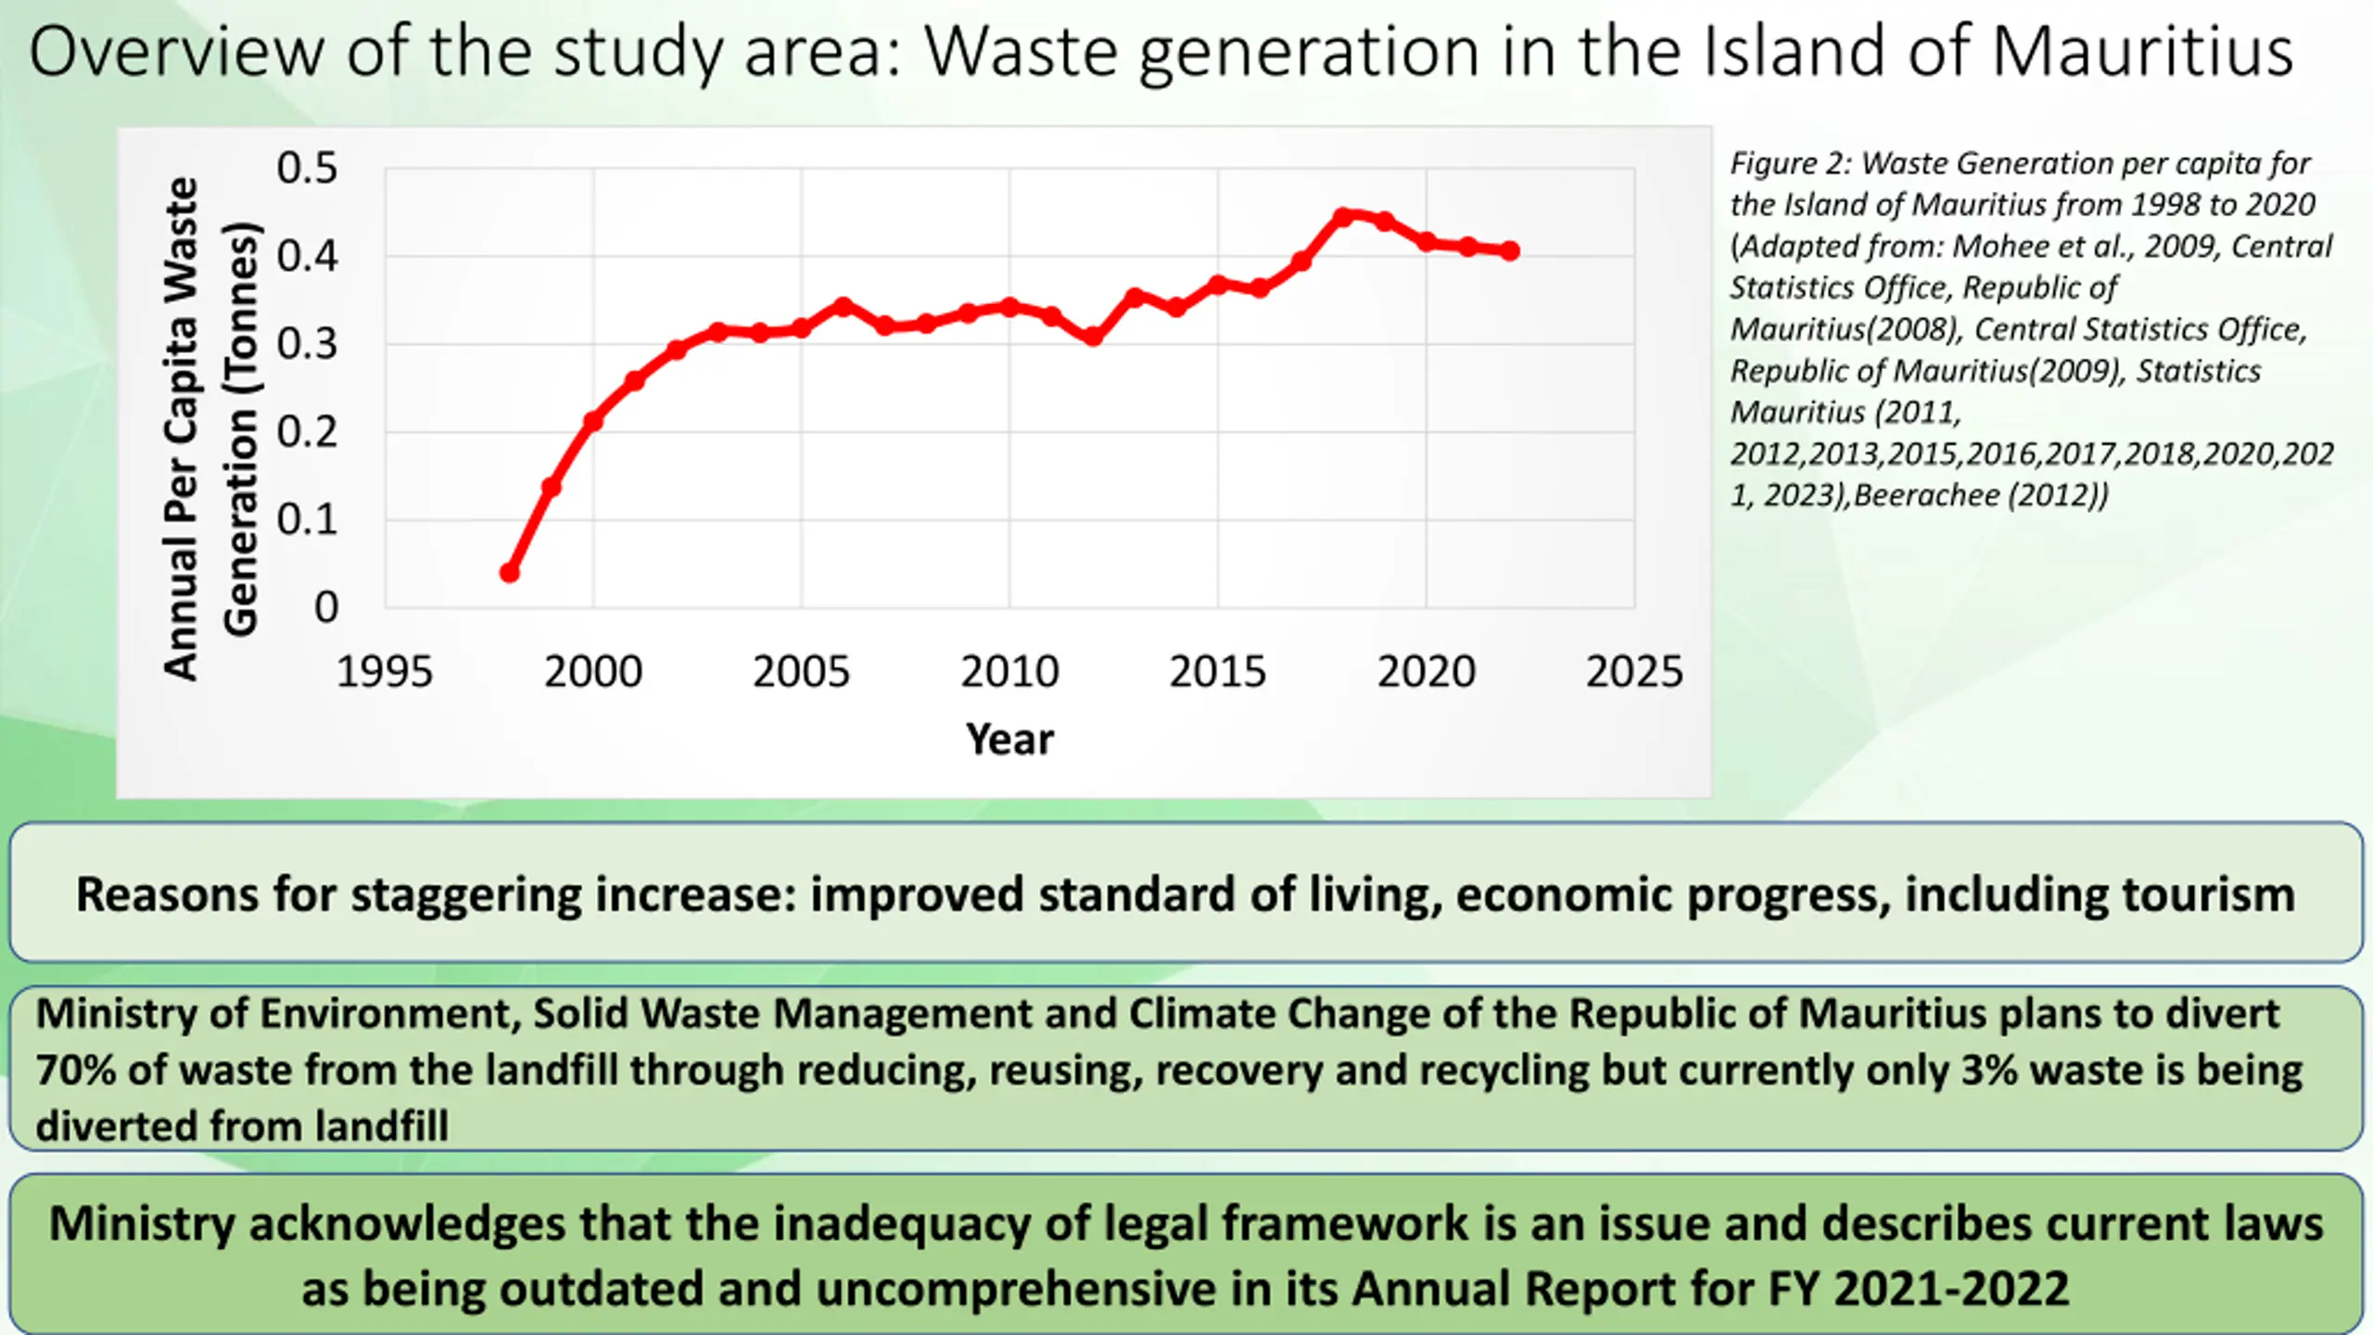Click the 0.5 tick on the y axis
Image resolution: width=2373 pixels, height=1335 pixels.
coord(307,169)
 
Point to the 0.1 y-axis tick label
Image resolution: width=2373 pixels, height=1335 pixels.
coord(307,520)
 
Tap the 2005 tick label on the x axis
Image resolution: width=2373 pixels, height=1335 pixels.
coord(801,671)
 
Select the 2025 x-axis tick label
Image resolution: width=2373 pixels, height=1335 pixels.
coord(1633,671)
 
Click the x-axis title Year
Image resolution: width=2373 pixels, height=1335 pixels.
coord(1009,740)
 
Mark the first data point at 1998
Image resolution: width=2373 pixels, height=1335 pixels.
coord(509,573)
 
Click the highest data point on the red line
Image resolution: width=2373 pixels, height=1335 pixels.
coord(1343,217)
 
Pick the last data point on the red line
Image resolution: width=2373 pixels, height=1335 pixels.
coord(1510,251)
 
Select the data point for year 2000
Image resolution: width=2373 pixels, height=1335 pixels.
coord(593,421)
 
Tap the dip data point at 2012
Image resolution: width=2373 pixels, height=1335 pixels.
coord(1093,337)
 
